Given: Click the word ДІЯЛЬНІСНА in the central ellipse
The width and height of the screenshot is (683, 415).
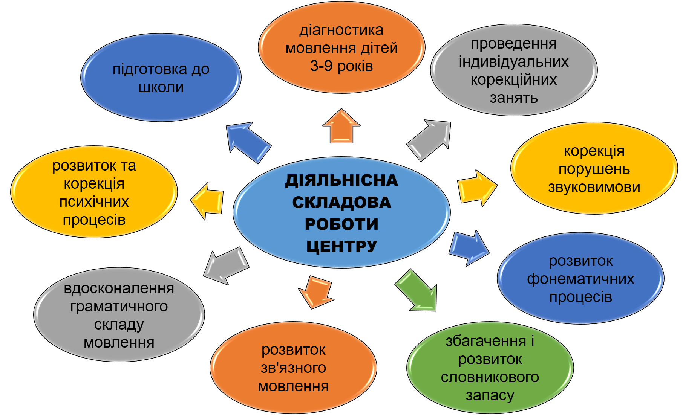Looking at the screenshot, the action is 341,181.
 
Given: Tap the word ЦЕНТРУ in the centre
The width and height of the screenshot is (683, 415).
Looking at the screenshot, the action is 341,247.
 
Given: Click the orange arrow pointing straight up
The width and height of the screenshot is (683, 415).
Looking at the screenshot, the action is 341,126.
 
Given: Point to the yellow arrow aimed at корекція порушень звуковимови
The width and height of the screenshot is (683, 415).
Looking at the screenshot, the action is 477,188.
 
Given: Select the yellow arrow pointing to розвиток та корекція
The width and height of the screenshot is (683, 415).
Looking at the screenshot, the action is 207,201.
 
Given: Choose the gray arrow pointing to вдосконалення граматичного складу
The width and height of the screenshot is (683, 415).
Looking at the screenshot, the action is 225,265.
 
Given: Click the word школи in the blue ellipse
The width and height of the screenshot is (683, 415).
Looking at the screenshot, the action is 161,87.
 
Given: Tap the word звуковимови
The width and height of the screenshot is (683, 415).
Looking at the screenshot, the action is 594,187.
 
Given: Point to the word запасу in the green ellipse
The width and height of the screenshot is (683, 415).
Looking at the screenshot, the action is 490,395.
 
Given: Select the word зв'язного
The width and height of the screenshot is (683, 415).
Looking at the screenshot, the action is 293,368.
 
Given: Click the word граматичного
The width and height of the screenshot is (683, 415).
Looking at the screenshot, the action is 119,307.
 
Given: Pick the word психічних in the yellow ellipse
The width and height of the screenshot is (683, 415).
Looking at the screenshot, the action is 94,202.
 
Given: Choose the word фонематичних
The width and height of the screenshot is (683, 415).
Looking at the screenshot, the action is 580,279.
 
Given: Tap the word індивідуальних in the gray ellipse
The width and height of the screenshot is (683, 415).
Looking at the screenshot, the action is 514,62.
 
